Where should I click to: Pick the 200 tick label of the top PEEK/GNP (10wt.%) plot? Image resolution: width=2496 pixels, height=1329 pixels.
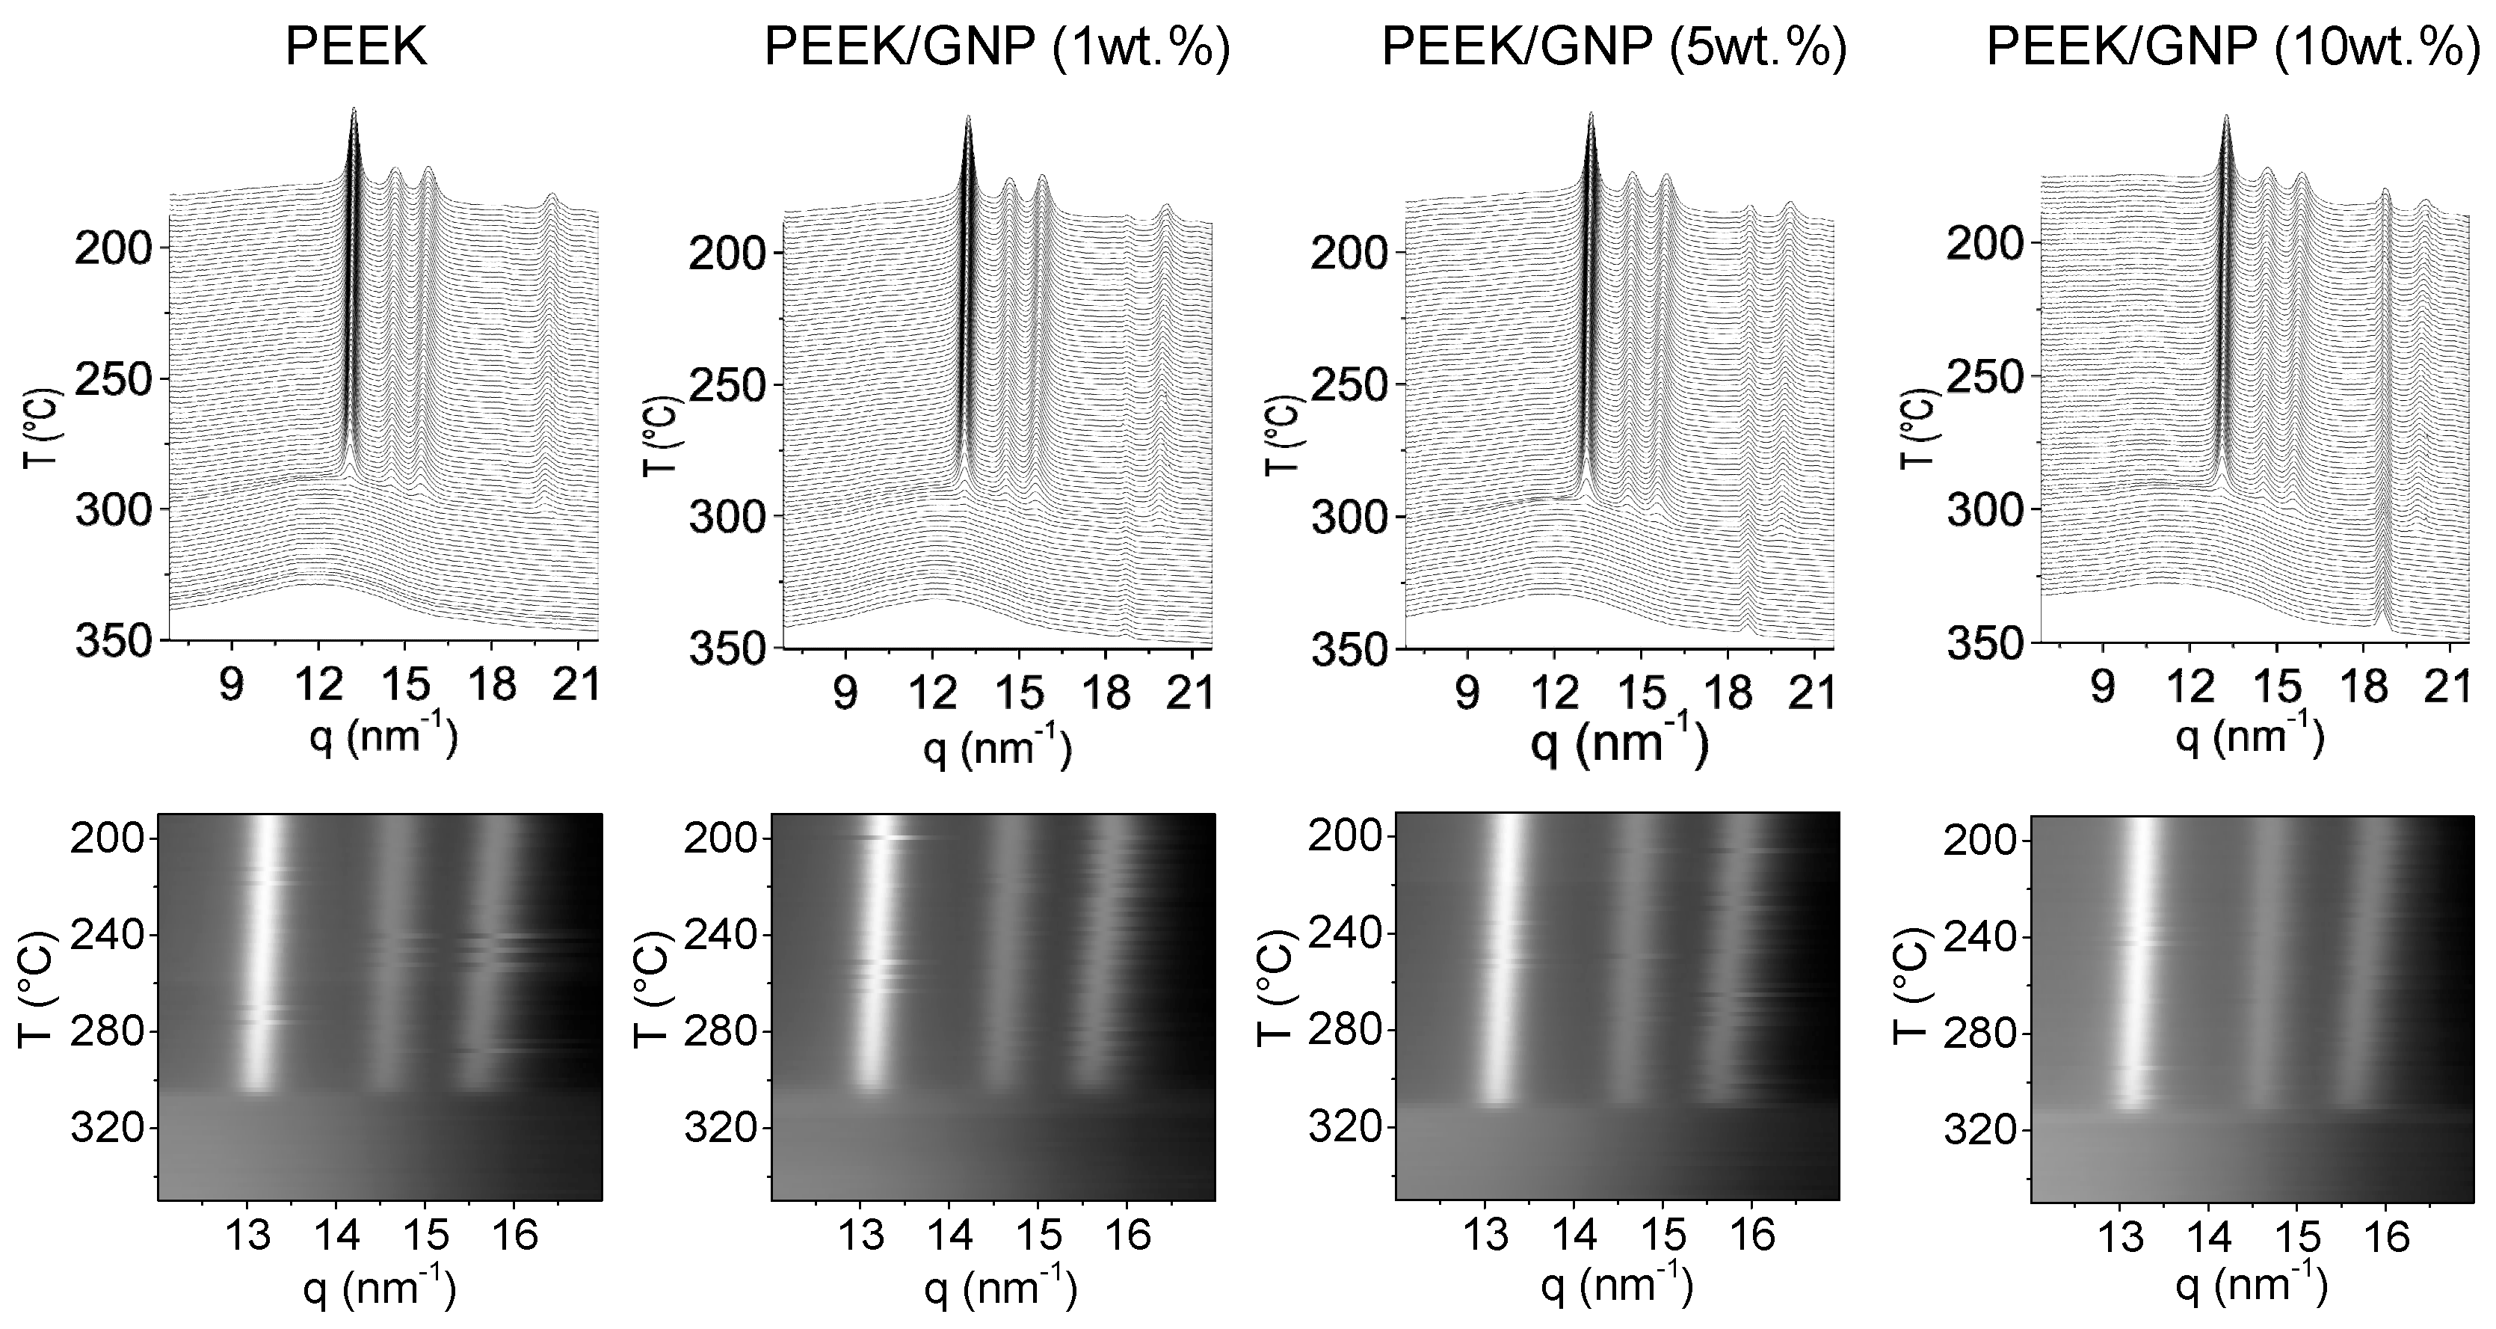point(1985,242)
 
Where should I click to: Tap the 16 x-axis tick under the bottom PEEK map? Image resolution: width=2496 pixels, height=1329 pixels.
point(514,1235)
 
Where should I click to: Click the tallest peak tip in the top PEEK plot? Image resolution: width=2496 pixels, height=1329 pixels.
point(354,109)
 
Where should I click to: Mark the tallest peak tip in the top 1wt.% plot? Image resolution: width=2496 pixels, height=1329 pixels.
point(968,117)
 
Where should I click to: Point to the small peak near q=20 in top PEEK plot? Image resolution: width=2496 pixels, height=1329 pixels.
point(552,196)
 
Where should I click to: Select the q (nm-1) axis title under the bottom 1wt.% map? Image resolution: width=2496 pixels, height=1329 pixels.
point(999,1286)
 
